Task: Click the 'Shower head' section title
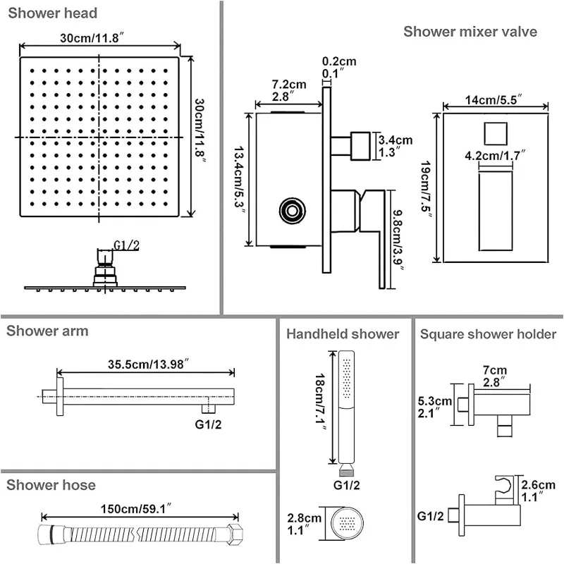coord(54,13)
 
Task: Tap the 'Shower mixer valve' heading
coord(470,32)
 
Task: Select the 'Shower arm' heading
coord(48,331)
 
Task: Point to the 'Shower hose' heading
coord(51,485)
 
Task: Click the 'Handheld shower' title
coord(343,334)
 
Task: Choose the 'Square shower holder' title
coord(489,334)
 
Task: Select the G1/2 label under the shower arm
coord(208,425)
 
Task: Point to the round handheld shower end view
coord(350,524)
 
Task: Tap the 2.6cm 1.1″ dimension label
coord(537,491)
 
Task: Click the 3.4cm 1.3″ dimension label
coord(396,145)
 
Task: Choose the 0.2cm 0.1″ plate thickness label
coord(338,67)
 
